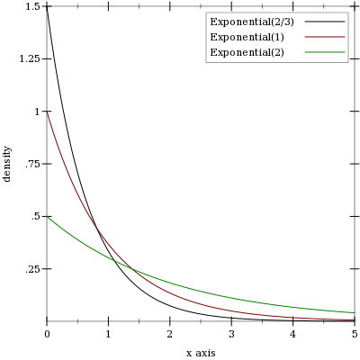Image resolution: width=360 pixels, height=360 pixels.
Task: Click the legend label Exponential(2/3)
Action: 252,22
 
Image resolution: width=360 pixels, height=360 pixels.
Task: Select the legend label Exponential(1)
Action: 247,37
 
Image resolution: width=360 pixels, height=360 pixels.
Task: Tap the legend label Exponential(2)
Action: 247,52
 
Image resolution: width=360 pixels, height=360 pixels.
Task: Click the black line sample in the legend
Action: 325,22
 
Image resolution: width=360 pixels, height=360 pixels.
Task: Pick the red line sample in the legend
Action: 325,37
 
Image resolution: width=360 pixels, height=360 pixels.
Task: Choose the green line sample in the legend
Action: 325,52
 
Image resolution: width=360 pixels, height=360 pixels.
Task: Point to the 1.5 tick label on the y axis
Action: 32,6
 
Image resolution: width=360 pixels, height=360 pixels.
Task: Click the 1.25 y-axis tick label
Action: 30,59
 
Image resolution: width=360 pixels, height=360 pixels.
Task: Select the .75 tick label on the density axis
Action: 32,164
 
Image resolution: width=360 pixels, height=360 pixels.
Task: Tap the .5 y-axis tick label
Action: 35,217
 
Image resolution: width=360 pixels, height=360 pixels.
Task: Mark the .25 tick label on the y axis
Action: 32,269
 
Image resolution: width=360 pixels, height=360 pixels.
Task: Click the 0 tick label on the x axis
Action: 47,334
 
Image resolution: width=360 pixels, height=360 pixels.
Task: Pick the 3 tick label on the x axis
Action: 231,334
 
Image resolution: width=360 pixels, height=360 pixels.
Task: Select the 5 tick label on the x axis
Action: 355,334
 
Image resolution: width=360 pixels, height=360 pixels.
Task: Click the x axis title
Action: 201,353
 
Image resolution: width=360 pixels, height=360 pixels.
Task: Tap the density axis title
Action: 7,164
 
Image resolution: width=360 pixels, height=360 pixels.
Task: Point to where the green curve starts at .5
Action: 47,216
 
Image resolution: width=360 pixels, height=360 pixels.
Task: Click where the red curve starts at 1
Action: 47,112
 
